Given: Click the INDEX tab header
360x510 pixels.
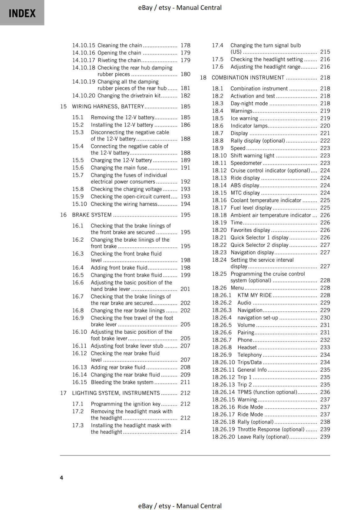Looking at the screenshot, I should click(x=22, y=13).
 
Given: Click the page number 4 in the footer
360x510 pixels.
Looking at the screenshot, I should click(x=61, y=477).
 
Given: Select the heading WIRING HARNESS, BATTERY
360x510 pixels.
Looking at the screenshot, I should click(x=108, y=106).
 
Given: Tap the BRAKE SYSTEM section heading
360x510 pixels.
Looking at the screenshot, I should click(x=92, y=215).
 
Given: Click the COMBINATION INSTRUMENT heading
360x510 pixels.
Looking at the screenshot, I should click(x=248, y=77).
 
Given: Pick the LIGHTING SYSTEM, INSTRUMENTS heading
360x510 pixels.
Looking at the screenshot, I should click(x=116, y=393).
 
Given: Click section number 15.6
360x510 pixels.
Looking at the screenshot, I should click(x=78, y=168).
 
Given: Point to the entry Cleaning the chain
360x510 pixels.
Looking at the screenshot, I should click(x=120, y=45).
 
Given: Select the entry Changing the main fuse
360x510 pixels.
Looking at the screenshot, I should click(x=119, y=168).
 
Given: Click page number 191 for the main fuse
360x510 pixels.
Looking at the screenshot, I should click(x=185, y=168).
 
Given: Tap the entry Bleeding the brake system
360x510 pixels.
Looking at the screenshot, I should click(x=122, y=382).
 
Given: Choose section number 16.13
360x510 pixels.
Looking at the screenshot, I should click(x=79, y=367).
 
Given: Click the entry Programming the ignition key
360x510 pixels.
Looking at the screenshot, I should click(x=126, y=404).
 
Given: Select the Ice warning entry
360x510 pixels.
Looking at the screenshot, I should click(x=244, y=118).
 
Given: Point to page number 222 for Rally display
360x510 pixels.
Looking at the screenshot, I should click(x=325, y=141).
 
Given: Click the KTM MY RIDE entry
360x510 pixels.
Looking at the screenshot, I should click(x=255, y=295).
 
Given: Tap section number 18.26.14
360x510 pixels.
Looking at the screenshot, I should click(x=223, y=392).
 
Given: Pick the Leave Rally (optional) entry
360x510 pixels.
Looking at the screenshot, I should click(x=263, y=437).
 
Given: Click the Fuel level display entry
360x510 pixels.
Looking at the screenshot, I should click(x=251, y=208).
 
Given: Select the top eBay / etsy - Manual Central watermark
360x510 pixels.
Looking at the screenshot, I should click(x=180, y=7).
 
